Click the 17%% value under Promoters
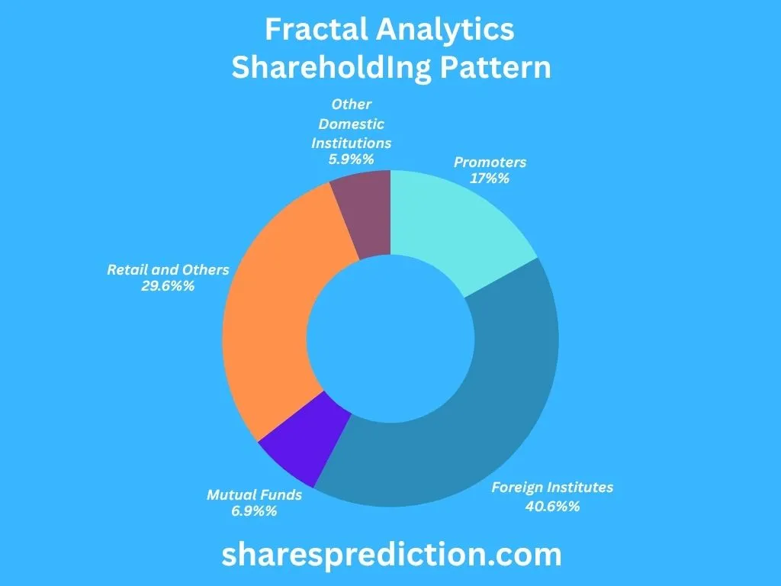[x=490, y=179]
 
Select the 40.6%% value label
[x=552, y=505]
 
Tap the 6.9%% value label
[x=254, y=511]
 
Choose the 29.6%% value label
[x=168, y=287]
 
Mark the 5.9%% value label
[x=351, y=160]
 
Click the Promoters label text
[x=490, y=162]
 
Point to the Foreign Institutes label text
[x=552, y=488]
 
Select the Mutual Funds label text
[x=254, y=494]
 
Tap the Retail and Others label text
[x=168, y=270]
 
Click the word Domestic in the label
[x=351, y=124]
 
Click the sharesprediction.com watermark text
[x=391, y=555]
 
